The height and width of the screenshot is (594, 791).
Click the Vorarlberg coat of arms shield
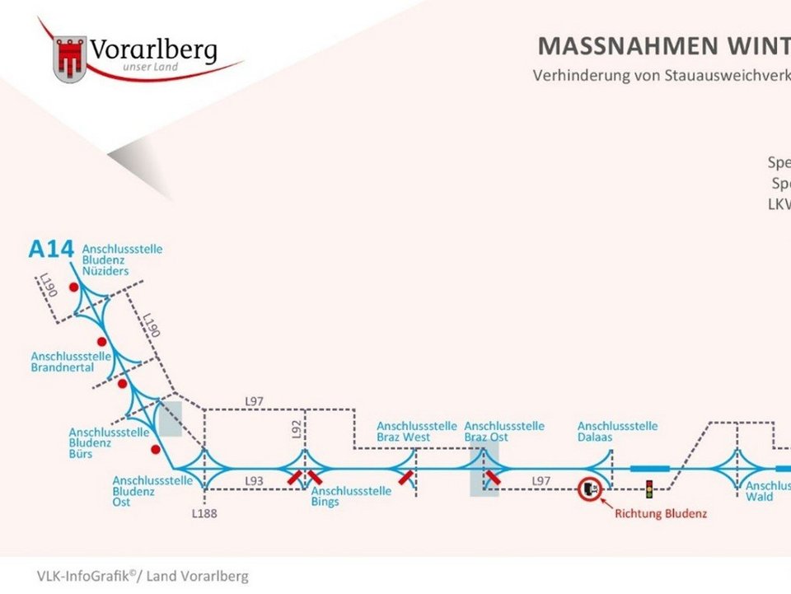click(70, 58)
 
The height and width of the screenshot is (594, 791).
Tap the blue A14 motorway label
click(51, 248)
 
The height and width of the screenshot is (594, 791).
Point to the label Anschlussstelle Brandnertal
click(73, 362)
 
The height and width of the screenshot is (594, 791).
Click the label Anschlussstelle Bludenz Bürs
click(110, 442)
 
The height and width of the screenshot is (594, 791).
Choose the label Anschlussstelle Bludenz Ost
click(152, 491)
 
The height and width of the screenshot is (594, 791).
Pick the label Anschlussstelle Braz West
click(416, 432)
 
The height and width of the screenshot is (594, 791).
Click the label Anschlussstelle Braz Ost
click(504, 432)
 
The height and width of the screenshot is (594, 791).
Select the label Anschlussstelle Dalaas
click(617, 432)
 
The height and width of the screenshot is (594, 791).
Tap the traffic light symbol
click(648, 489)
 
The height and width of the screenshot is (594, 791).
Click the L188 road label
click(204, 513)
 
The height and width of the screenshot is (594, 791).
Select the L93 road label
click(254, 479)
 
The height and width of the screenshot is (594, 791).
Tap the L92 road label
click(297, 428)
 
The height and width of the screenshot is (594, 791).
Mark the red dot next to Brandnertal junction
click(102, 341)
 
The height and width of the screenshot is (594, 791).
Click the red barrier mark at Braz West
click(405, 477)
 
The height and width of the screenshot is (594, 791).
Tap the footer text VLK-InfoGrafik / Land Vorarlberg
click(142, 576)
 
